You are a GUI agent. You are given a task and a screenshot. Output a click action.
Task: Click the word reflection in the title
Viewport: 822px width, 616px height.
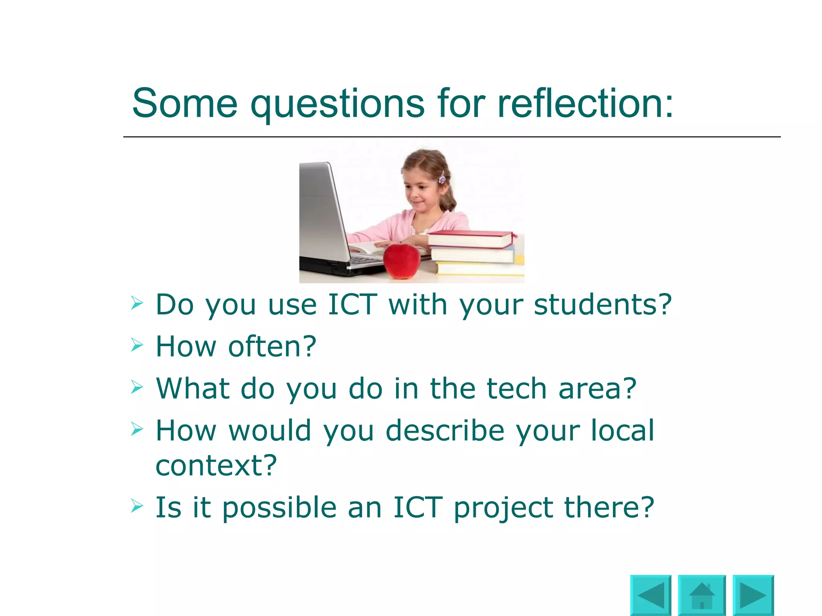[x=585, y=103]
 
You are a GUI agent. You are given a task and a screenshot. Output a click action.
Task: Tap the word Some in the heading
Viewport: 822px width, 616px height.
[x=185, y=103]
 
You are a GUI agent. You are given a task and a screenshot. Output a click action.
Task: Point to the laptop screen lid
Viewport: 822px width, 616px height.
[x=321, y=213]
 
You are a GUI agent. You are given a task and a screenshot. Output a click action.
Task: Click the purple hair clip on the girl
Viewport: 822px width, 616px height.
[x=442, y=177]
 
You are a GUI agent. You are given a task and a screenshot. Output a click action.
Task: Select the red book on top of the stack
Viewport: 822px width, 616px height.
[x=470, y=239]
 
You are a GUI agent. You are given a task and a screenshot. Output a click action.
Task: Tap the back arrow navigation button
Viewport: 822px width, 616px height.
[x=651, y=595]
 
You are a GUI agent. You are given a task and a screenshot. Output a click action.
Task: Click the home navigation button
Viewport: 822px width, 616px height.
[x=702, y=595]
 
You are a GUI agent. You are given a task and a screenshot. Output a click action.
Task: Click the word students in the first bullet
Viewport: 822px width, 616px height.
[x=602, y=305]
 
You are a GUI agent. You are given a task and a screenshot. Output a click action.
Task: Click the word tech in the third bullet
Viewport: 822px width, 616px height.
[x=517, y=389]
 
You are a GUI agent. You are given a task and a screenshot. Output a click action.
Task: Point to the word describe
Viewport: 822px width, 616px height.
[x=445, y=431]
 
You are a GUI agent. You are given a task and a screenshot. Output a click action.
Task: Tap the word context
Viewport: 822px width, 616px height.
[x=216, y=466]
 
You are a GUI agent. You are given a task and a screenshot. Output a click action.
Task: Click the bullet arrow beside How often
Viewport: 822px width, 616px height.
[x=137, y=345]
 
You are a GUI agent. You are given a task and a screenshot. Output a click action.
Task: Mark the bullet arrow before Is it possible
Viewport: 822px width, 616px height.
[x=137, y=506]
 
